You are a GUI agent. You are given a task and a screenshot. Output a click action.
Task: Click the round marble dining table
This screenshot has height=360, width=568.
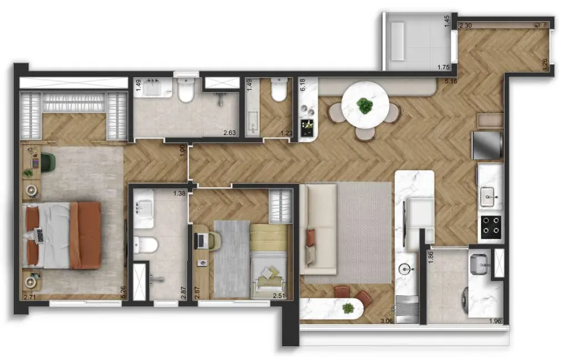point(365,105)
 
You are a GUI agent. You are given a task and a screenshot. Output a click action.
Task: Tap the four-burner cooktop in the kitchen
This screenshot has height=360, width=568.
point(491,227)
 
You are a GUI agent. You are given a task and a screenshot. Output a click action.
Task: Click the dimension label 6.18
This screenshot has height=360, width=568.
point(303,85)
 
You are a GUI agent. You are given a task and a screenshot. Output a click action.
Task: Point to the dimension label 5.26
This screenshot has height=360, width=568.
point(123,292)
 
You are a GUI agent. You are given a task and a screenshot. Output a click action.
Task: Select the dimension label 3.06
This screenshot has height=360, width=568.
point(387,321)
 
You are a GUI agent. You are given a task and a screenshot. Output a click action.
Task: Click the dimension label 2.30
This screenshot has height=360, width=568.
point(465,26)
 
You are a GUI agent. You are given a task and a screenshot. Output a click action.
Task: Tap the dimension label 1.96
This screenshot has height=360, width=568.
point(495,321)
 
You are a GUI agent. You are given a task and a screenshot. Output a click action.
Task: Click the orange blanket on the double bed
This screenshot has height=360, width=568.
point(86,235)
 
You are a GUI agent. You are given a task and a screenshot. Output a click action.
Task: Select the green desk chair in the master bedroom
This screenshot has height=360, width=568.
point(48,161)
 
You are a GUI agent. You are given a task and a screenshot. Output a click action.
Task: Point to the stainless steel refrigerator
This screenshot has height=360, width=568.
point(487,145)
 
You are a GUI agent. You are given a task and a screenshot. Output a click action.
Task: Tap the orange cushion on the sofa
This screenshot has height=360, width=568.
point(311,237)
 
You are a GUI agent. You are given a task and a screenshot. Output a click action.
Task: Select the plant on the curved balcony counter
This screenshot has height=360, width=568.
point(348,308)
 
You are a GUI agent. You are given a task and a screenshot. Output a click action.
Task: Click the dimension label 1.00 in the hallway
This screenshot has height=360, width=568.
point(182,151)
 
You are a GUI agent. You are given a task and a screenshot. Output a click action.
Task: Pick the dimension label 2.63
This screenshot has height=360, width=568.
point(230,133)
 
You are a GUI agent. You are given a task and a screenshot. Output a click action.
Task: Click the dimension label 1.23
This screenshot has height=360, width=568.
point(286,133)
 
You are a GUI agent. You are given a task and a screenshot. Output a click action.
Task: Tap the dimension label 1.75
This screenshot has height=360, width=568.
point(443,67)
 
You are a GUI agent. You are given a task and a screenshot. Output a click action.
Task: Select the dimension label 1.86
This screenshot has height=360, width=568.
point(430,257)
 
